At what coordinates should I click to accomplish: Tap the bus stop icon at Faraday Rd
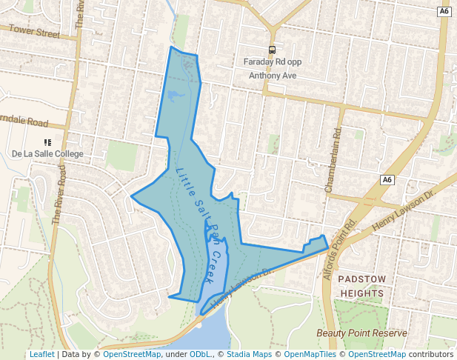coord(272,50)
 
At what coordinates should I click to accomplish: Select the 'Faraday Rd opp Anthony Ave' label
coord(272,68)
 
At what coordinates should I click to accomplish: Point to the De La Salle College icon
coord(47,141)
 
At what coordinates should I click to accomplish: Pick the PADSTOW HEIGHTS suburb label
coord(361,286)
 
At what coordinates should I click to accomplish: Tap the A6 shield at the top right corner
coord(444,12)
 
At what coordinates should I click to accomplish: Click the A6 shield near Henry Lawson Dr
coord(387,180)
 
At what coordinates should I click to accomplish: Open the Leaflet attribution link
coord(41,354)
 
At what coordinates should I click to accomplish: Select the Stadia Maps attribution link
coord(249,354)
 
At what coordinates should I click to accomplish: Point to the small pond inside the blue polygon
coord(176,95)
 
